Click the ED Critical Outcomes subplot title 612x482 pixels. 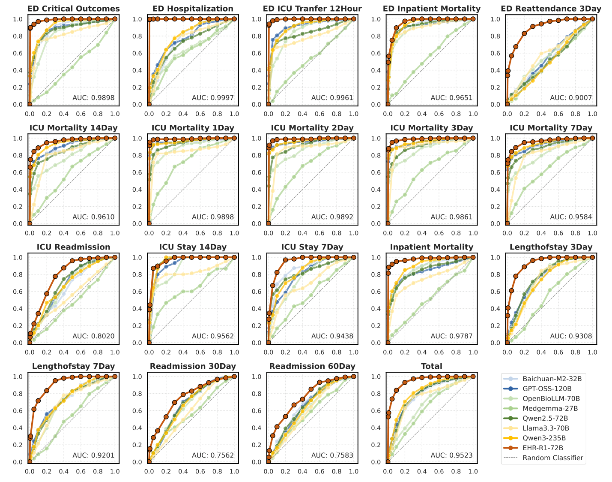pos(73,9)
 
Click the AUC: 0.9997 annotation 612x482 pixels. pos(213,98)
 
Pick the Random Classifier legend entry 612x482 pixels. pos(552,458)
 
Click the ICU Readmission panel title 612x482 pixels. pos(73,247)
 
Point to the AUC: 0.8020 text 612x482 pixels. pos(93,336)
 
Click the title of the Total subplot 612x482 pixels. pos(431,366)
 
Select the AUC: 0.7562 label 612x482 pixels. pos(213,455)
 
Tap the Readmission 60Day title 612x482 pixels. pos(312,366)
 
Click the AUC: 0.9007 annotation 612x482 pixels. pos(571,98)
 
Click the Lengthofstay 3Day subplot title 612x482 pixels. pos(551,247)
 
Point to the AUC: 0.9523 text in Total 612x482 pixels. pos(451,455)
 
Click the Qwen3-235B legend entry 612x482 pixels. pos(544,438)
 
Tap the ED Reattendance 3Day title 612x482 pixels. pos(551,9)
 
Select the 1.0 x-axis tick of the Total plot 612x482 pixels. pos(473,471)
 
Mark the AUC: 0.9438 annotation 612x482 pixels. pos(332,336)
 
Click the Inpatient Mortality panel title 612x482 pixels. pos(431,247)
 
